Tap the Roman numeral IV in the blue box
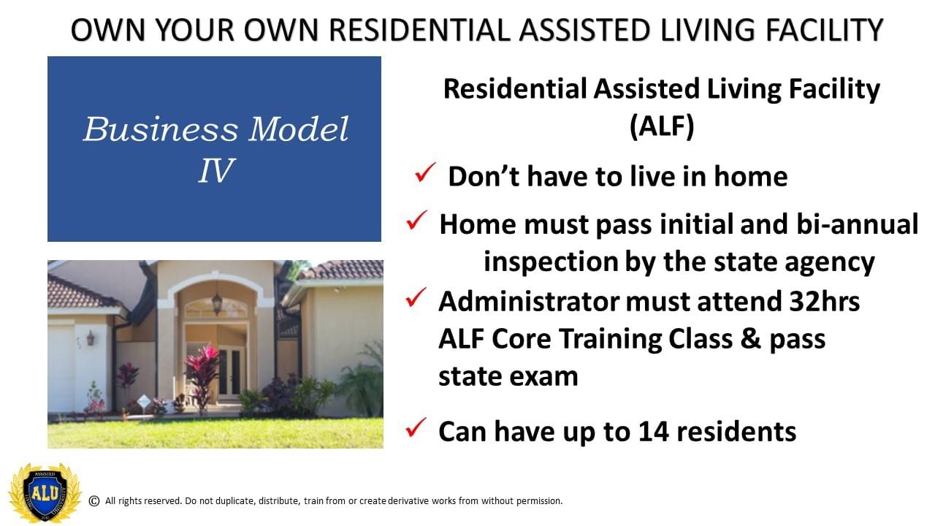click(215, 170)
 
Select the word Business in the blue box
click(161, 129)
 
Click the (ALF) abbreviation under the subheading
click(662, 126)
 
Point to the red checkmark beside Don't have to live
click(425, 172)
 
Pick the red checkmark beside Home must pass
click(416, 220)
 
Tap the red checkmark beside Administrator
click(416, 297)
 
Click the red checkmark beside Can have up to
click(416, 427)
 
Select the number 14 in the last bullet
click(654, 431)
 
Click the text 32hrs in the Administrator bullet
click(824, 301)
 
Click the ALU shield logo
click(45, 492)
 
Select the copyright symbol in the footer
click(94, 501)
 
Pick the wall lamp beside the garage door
click(91, 338)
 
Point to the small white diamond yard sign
click(143, 402)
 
